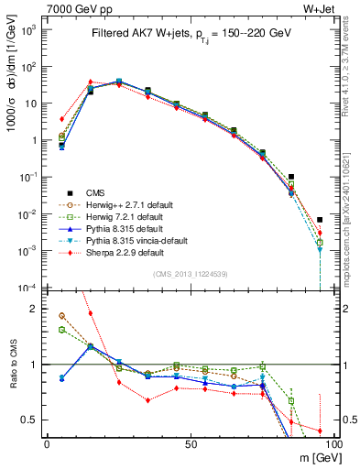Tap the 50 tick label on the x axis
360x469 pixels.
[190, 442]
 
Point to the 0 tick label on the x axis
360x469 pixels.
[47, 442]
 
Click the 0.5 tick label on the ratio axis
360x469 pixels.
[31, 420]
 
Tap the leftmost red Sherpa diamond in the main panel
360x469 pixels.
[61, 119]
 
